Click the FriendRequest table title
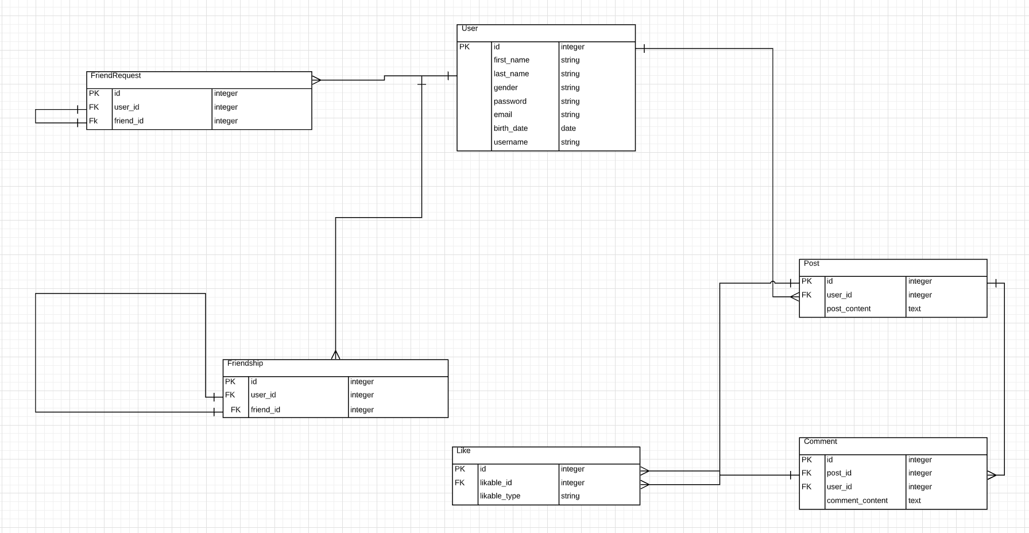[115, 76]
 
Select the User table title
[469, 29]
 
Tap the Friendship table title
[245, 364]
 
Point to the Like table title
[463, 451]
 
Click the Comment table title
[820, 442]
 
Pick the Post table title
[811, 264]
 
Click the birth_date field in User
[510, 129]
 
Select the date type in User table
[568, 129]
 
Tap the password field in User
[510, 102]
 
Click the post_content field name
[848, 309]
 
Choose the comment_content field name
[857, 501]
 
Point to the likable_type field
[500, 496]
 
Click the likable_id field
[496, 483]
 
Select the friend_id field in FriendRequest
[129, 121]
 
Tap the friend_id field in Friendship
[265, 410]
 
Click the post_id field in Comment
[838, 473]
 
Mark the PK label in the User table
[464, 47]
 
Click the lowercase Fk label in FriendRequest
[93, 121]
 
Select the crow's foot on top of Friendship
[335, 354]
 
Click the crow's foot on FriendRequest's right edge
[316, 80]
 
